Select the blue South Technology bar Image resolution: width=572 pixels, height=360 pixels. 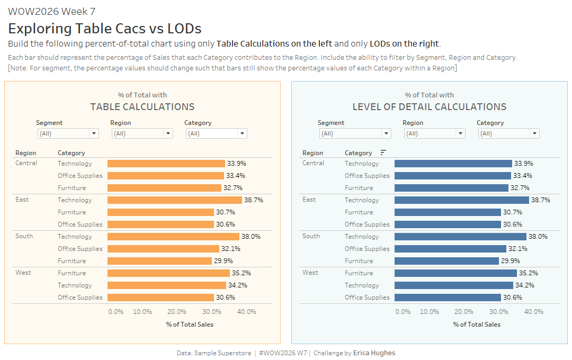click(x=460, y=237)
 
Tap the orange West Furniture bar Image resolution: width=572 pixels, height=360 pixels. click(x=168, y=273)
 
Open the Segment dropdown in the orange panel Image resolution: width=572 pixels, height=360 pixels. click(x=68, y=133)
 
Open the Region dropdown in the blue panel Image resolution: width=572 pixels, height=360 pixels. click(x=434, y=133)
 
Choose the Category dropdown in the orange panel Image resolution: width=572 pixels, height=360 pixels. click(x=216, y=133)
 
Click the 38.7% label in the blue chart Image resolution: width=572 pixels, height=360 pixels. click(x=541, y=200)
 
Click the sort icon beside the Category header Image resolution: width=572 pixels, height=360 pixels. click(x=383, y=152)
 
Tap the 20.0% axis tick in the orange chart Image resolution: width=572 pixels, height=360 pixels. click(x=177, y=312)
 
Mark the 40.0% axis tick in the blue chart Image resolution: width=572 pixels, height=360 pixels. click(x=534, y=312)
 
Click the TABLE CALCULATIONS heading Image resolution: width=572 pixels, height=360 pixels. click(x=142, y=107)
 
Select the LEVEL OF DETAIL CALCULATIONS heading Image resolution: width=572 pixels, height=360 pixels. click(x=430, y=107)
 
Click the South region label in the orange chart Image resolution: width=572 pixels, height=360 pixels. click(x=24, y=236)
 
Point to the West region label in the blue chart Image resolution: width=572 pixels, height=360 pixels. click(x=310, y=273)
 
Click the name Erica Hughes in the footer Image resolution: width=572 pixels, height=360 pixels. click(x=374, y=353)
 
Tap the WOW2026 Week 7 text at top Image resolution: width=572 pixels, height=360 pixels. click(x=52, y=12)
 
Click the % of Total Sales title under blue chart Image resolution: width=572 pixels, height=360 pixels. click(x=477, y=325)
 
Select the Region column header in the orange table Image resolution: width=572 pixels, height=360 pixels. click(x=26, y=153)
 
